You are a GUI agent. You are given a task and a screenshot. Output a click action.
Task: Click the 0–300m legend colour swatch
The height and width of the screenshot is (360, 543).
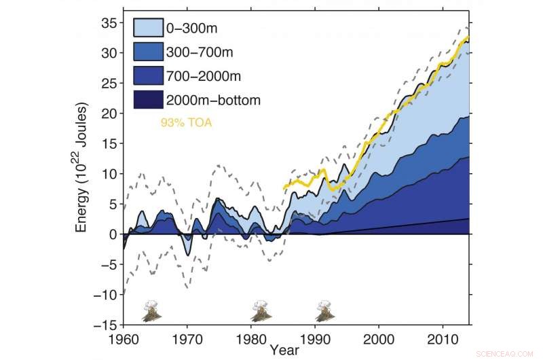pos(148,28)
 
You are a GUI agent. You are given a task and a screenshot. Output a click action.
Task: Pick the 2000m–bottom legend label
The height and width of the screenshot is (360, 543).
pos(214,100)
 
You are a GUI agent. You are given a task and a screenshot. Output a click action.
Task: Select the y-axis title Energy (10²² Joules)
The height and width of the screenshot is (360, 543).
pos(82,167)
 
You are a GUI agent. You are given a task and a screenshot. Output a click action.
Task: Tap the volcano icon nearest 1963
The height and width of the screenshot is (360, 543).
pos(151,311)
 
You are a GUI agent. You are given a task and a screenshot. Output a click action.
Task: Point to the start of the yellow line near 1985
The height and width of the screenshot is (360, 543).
pos(284,187)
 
